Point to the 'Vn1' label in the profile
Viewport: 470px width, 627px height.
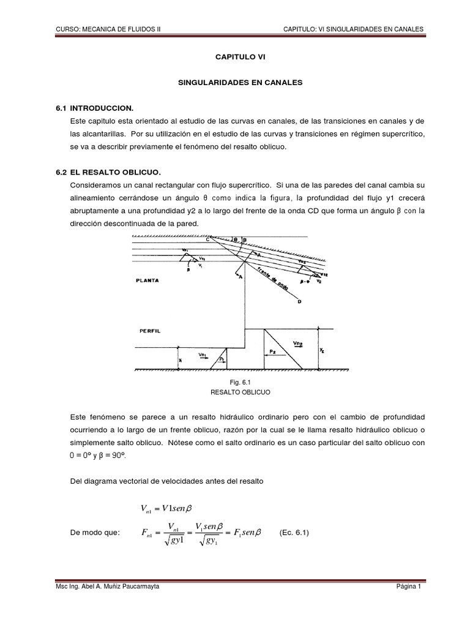click(x=203, y=354)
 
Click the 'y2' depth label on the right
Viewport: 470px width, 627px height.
click(x=323, y=349)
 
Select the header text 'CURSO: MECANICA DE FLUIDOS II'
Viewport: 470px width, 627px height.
click(x=108, y=29)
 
